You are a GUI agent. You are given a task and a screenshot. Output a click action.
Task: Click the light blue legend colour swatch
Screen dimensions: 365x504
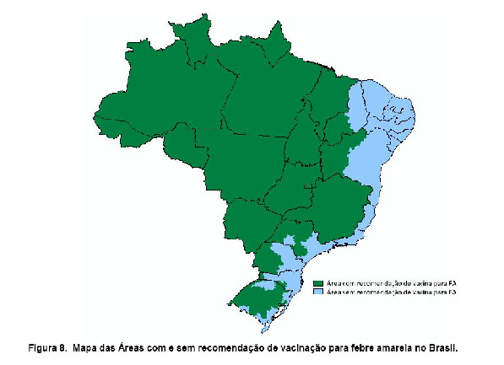(x=318, y=293)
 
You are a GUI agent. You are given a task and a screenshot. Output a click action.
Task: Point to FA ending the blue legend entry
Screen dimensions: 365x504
(x=453, y=293)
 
